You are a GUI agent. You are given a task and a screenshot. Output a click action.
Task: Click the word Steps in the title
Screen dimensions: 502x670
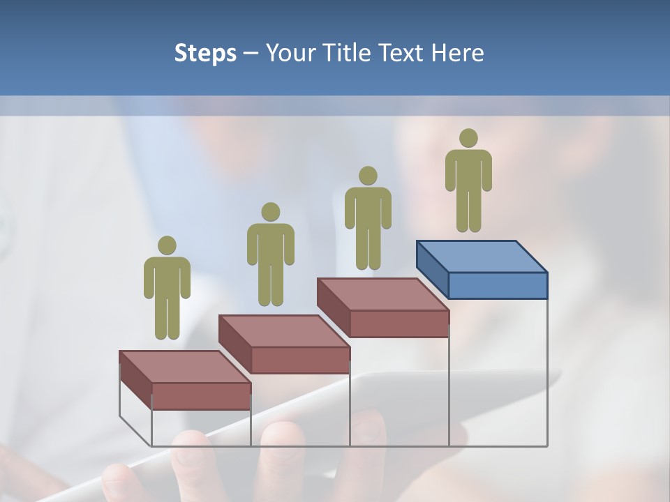pos(205,53)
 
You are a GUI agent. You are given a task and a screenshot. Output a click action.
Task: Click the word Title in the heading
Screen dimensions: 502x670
pos(348,53)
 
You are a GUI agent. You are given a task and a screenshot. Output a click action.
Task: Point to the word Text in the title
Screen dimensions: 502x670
pos(402,53)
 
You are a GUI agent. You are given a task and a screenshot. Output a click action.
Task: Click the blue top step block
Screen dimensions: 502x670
pos(482,269)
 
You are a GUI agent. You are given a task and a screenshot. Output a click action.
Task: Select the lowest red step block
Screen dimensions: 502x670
pos(185,380)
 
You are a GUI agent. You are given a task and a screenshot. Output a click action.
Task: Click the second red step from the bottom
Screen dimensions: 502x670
pos(284,343)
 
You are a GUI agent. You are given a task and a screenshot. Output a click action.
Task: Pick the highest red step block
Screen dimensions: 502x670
pos(382,307)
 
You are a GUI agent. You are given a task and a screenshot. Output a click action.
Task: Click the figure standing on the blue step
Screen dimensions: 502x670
pos(468,181)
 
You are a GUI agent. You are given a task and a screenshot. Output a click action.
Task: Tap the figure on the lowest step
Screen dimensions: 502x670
pos(167,289)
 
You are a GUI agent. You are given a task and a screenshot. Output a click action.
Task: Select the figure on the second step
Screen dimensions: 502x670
pos(270,256)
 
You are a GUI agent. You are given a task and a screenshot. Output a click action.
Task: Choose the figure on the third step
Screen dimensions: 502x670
pos(368,219)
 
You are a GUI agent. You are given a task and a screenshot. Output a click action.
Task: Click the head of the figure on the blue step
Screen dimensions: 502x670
pos(468,138)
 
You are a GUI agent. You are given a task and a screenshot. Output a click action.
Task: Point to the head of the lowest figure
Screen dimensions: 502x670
pos(167,245)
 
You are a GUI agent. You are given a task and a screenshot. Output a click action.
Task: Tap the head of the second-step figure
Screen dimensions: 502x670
pos(270,212)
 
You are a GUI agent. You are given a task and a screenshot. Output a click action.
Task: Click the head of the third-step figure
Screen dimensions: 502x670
pos(368,176)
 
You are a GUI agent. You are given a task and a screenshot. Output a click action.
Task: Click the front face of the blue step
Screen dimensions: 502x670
pos(498,285)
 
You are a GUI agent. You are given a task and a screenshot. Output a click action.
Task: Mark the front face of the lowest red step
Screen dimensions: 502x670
pos(201,396)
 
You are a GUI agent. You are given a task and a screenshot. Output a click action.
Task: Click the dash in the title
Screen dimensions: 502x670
pos(251,54)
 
